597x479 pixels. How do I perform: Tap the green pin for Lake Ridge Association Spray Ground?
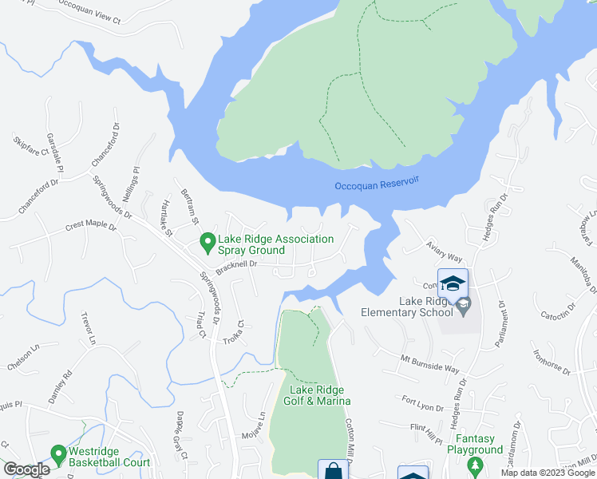click(208, 239)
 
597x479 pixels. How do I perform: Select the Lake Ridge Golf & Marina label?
click(317, 394)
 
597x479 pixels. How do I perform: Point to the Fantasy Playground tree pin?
click(475, 465)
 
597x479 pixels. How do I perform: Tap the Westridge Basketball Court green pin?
click(58, 456)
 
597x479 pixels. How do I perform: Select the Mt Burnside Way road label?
click(430, 364)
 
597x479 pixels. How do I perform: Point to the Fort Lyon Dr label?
click(422, 404)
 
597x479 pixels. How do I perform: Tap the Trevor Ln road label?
click(87, 328)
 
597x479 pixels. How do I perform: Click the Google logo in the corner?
click(26, 470)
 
